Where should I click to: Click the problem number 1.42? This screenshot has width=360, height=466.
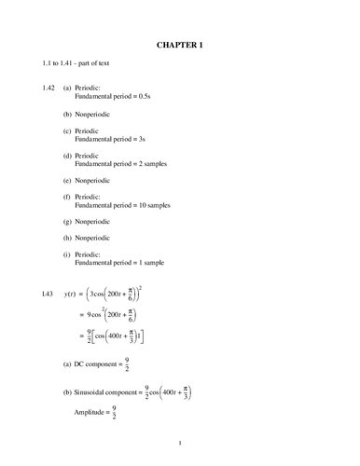pyautogui.click(x=37, y=87)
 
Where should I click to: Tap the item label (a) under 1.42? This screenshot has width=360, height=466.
pyautogui.click(x=68, y=87)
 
